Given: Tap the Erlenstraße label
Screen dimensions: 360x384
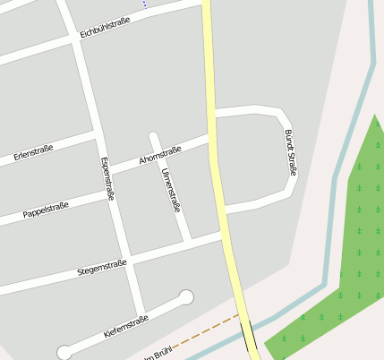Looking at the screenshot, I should pyautogui.click(x=33, y=153).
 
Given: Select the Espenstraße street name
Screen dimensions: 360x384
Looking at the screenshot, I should pyautogui.click(x=107, y=178).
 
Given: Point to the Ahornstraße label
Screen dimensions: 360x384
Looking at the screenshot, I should pyautogui.click(x=160, y=155).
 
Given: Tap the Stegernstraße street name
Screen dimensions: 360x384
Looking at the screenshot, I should pyautogui.click(x=102, y=266).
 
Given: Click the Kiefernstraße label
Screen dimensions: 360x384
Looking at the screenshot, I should pyautogui.click(x=125, y=326).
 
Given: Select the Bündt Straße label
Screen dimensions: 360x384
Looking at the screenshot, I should pyautogui.click(x=290, y=152).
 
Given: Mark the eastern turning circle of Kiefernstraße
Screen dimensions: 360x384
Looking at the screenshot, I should pyautogui.click(x=186, y=297).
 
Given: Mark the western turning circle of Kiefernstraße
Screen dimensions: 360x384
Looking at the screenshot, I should pyautogui.click(x=64, y=352).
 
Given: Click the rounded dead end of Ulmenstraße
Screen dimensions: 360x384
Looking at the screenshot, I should pyautogui.click(x=154, y=136).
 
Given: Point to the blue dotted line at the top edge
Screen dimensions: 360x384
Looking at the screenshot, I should pyautogui.click(x=144, y=4).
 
